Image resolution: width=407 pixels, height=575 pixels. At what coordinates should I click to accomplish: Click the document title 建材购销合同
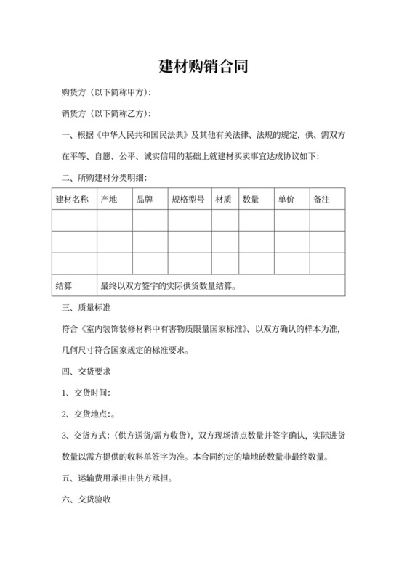pos(203,66)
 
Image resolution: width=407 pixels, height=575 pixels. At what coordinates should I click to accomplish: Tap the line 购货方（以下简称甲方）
pos(106,93)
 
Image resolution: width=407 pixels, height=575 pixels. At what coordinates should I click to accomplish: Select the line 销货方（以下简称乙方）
pos(106,114)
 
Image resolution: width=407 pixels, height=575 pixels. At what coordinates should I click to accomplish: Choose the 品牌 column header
pos(145,199)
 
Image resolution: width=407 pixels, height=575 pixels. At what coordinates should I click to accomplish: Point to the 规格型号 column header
pos(188,199)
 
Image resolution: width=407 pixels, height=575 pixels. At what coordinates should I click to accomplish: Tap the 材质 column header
pos(222,199)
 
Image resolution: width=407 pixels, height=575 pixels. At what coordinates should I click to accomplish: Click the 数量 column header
pos(251,199)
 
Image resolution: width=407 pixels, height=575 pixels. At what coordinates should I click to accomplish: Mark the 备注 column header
pos(322,199)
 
